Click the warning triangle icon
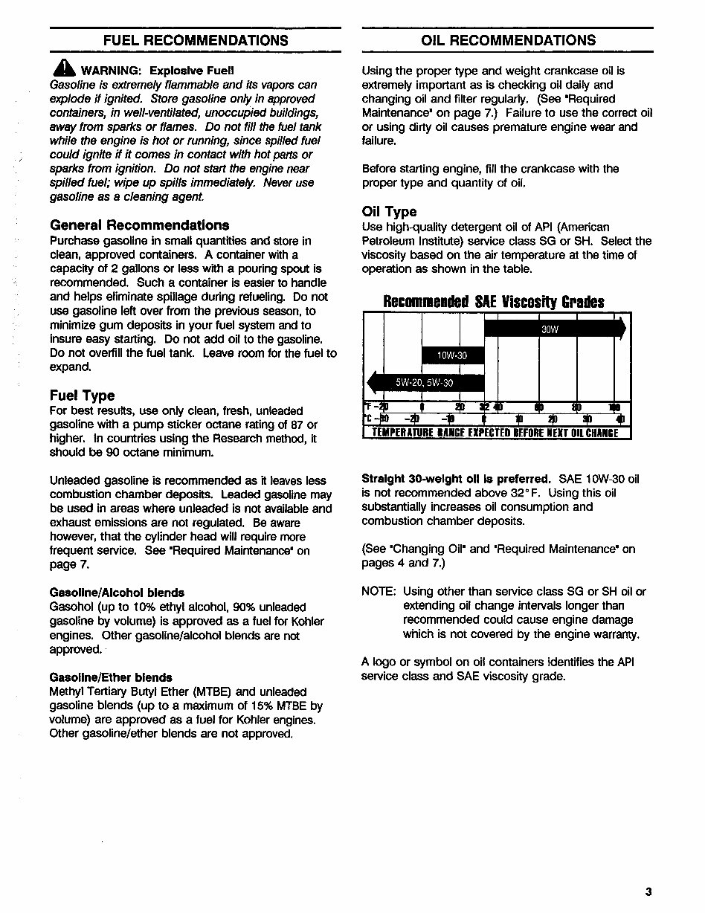(64, 68)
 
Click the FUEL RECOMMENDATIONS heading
(196, 40)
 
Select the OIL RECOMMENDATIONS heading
(508, 40)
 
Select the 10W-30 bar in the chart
(452, 355)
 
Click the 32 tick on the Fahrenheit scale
(484, 407)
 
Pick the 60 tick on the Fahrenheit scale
(538, 407)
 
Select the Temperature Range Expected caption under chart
(495, 433)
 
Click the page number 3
(648, 891)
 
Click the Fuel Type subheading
(82, 395)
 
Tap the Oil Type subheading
(389, 212)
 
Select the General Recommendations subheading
(139, 225)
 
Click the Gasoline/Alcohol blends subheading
(117, 593)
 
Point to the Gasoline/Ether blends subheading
(111, 677)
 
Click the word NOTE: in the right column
(378, 592)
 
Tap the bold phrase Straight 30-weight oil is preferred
(456, 479)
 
